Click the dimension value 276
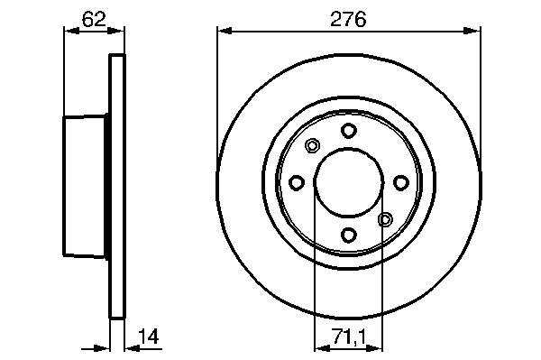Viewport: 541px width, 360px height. pos(348,19)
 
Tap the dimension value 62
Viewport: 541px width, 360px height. pos(94,19)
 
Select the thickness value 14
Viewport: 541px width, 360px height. pos(149,337)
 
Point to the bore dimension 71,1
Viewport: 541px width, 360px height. pos(349,337)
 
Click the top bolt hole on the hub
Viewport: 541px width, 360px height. pos(348,131)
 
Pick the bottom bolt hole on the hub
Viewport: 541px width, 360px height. pos(348,235)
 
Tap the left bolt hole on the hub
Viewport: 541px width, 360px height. pos(297,182)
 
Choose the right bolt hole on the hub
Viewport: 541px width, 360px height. pos(401,182)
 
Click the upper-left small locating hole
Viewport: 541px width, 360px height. pos(312,145)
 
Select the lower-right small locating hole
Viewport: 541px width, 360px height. pos(385,219)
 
